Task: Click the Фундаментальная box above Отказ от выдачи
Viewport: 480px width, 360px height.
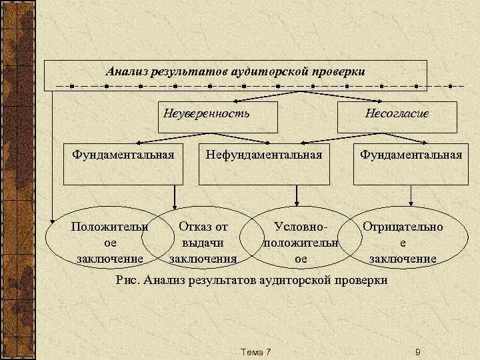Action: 123,164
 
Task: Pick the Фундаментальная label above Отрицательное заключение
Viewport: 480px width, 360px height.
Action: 411,155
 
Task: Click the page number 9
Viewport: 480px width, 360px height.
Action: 417,352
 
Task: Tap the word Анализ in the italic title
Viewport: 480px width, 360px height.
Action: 127,71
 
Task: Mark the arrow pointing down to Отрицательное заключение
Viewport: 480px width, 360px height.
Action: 411,195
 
